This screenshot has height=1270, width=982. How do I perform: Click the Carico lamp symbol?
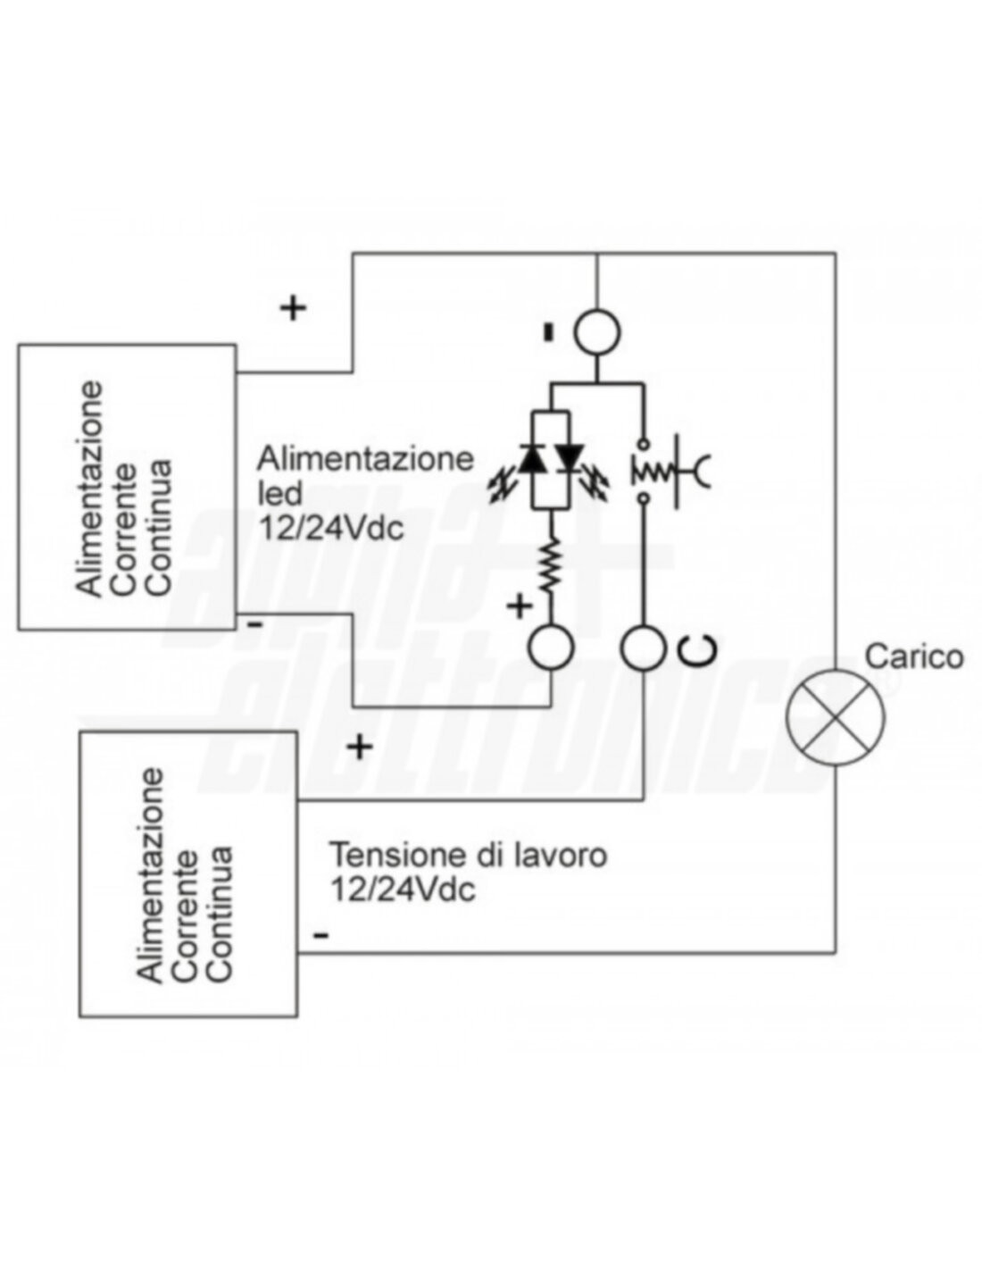[x=836, y=715]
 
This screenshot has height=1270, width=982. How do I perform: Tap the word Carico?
[x=914, y=656]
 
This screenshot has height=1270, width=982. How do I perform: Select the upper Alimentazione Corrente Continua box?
[x=128, y=487]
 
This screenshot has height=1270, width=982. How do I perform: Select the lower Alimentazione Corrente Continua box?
[x=188, y=873]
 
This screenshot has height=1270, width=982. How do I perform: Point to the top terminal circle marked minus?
[x=596, y=332]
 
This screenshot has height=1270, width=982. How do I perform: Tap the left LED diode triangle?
[x=534, y=459]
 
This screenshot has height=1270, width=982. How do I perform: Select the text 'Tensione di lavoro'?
[x=469, y=855]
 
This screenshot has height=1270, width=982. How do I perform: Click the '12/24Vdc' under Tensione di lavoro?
[x=402, y=890]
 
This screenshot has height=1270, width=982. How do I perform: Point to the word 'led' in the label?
[x=279, y=492]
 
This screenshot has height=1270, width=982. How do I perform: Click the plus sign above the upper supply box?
[x=293, y=308]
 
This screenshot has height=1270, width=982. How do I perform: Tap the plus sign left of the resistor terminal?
[x=519, y=606]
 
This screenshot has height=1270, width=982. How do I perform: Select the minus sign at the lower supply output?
[x=321, y=935]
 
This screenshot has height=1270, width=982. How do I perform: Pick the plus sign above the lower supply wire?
[x=359, y=746]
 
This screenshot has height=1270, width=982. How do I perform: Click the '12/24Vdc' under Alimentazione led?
[x=331, y=527]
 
